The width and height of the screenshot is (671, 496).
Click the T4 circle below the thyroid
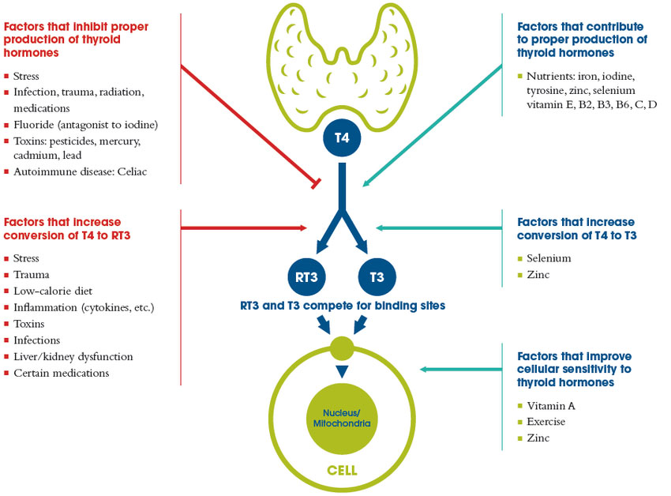click(x=342, y=138)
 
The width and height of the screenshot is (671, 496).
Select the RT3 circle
click(x=308, y=277)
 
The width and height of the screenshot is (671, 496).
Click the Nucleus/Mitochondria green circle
click(x=341, y=418)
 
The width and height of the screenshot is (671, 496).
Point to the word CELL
click(x=341, y=470)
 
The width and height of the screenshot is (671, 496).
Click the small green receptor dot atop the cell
click(x=342, y=346)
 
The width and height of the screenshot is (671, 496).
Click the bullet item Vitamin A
click(x=550, y=405)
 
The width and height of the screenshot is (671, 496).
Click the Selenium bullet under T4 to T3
click(x=549, y=258)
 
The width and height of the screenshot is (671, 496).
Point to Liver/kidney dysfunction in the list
click(x=73, y=356)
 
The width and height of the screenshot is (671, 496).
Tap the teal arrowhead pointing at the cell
click(x=424, y=369)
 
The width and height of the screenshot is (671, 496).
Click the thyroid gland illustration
click(x=341, y=59)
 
